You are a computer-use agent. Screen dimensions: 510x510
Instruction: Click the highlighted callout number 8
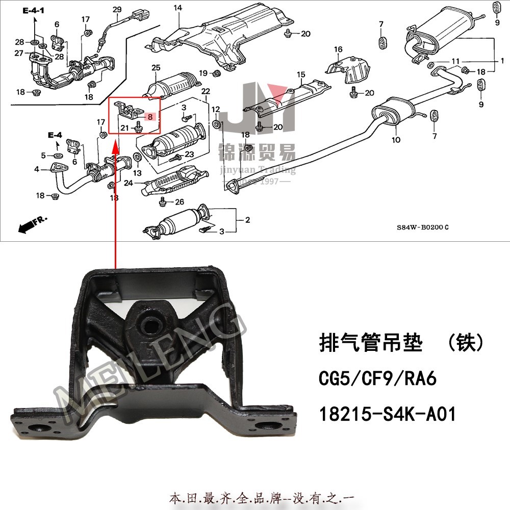tap(150, 116)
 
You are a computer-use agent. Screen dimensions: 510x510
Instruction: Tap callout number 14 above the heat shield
tap(177, 8)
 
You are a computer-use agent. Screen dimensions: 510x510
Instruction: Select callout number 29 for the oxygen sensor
tap(117, 10)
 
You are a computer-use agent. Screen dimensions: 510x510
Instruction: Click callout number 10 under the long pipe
tap(396, 140)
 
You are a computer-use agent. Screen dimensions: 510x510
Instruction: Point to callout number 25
tap(156, 68)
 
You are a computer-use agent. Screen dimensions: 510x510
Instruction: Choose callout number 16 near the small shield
tap(338, 49)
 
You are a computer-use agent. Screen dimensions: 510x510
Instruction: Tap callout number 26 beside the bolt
tap(179, 202)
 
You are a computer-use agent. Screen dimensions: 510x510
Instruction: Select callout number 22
tap(206, 91)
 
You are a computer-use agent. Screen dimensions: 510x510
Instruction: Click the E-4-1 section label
tap(34, 10)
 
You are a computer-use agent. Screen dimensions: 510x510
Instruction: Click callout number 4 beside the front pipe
tap(37, 169)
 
